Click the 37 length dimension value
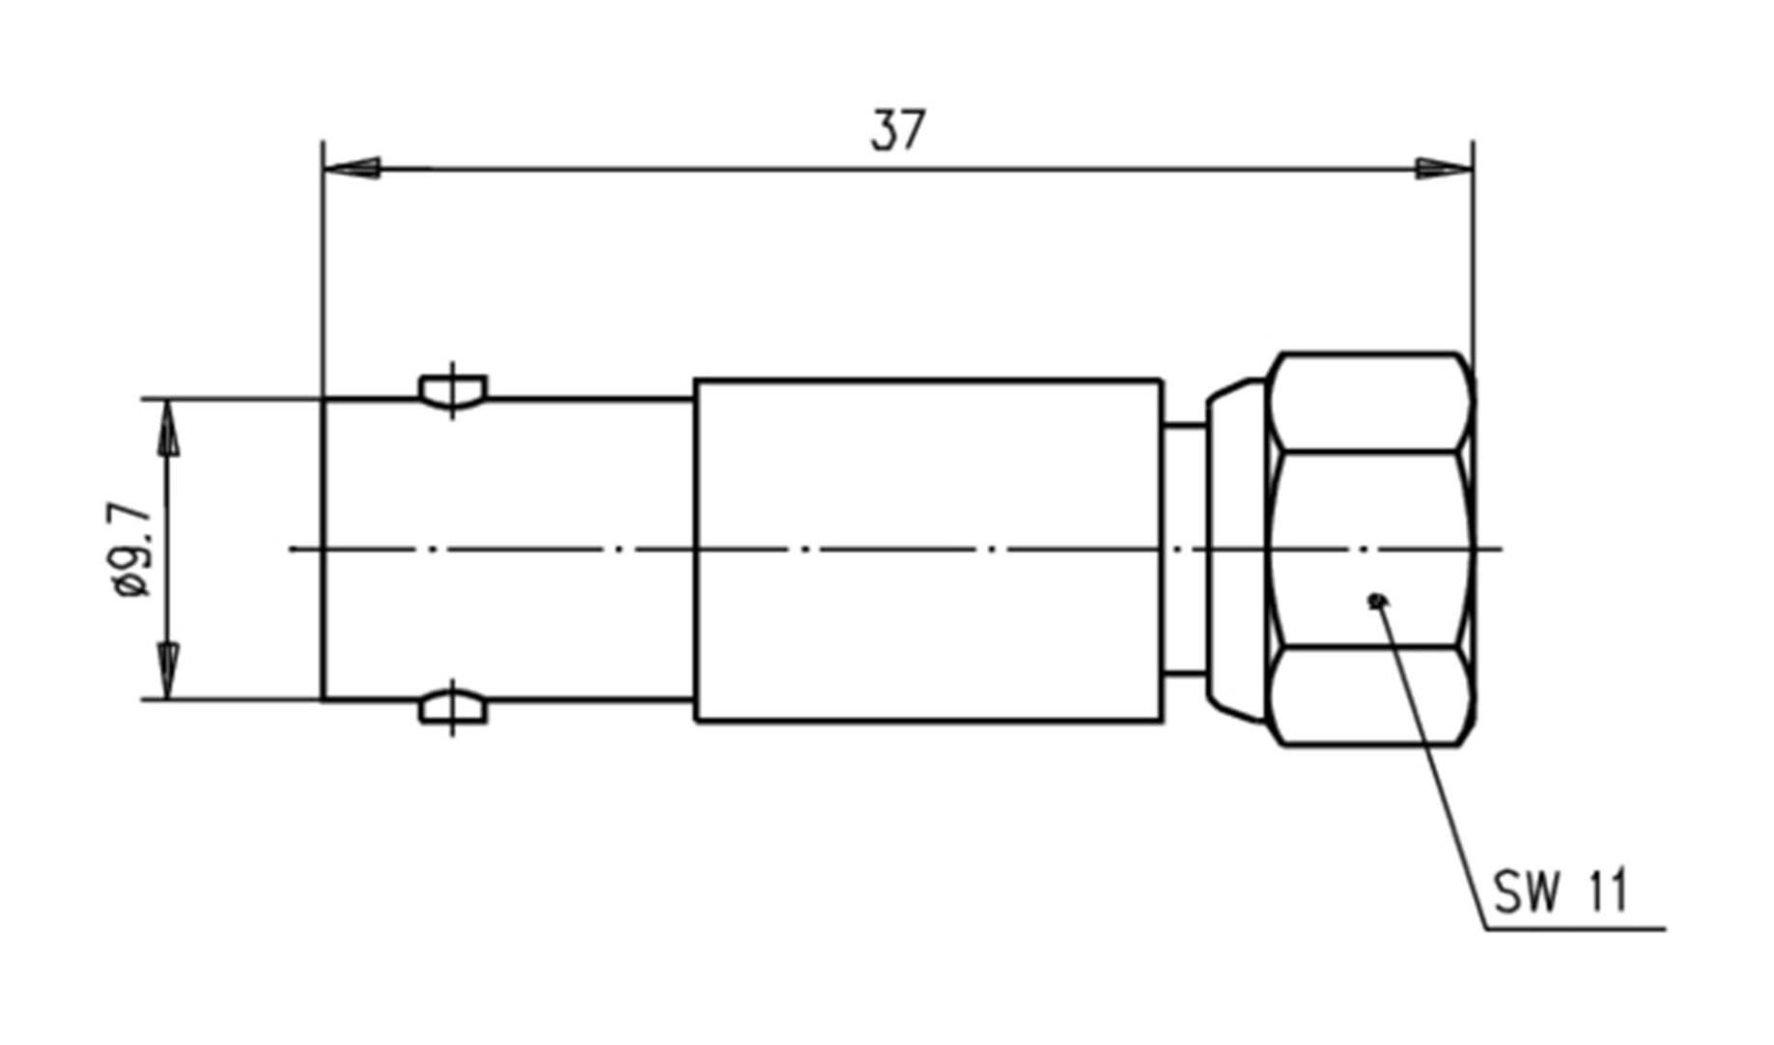pos(897,130)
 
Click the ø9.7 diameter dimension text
pos(132,549)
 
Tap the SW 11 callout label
pos(1560,890)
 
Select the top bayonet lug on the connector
pos(453,390)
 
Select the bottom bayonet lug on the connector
pos(453,708)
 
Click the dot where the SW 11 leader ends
pos(1377,602)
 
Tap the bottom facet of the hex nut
pos(1369,695)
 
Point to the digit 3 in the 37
pos(884,130)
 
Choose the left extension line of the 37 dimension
pos(323,270)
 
